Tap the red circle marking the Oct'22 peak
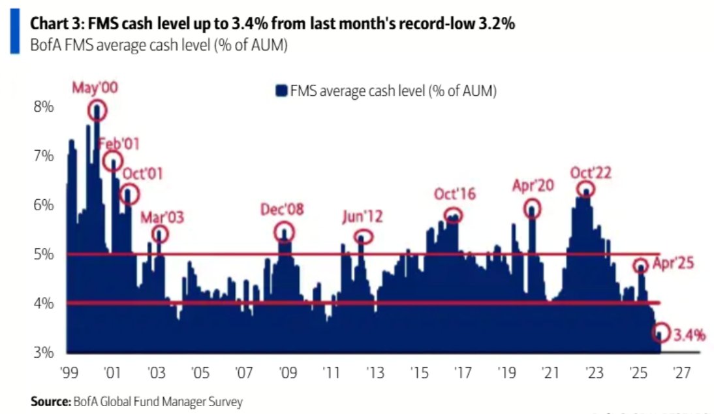pyautogui.click(x=586, y=190)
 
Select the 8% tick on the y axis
pyautogui.click(x=43, y=106)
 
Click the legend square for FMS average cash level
pyautogui.click(x=281, y=91)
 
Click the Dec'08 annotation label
pyautogui.click(x=282, y=210)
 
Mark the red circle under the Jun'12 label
pyautogui.click(x=364, y=236)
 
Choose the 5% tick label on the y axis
pyautogui.click(x=43, y=254)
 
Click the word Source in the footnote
pyautogui.click(x=50, y=402)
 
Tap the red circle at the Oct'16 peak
pyautogui.click(x=453, y=215)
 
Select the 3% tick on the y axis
pyautogui.click(x=43, y=353)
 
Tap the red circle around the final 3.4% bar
pyautogui.click(x=661, y=332)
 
